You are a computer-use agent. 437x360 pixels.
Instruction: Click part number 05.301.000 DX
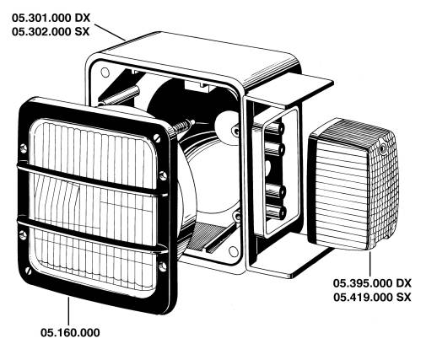[51, 18]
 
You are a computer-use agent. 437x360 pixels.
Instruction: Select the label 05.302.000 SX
[51, 32]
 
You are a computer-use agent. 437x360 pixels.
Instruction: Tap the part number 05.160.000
[70, 333]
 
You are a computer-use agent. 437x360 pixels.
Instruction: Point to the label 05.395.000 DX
[372, 283]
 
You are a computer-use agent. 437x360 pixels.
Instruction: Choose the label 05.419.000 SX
[372, 297]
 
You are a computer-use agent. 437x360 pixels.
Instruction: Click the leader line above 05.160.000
[68, 311]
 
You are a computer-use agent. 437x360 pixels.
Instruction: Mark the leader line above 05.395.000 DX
[370, 264]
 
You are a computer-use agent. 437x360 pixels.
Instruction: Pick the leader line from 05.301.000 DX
[110, 32]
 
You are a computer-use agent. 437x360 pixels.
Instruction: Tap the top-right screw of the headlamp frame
[157, 138]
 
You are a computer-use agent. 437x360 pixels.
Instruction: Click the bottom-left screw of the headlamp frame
[28, 271]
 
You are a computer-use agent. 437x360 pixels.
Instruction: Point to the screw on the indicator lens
[382, 148]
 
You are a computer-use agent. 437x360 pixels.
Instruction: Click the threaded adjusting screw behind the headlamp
[183, 126]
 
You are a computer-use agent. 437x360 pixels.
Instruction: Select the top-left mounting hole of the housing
[105, 73]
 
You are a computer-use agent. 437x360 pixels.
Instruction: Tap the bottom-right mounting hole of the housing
[233, 251]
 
